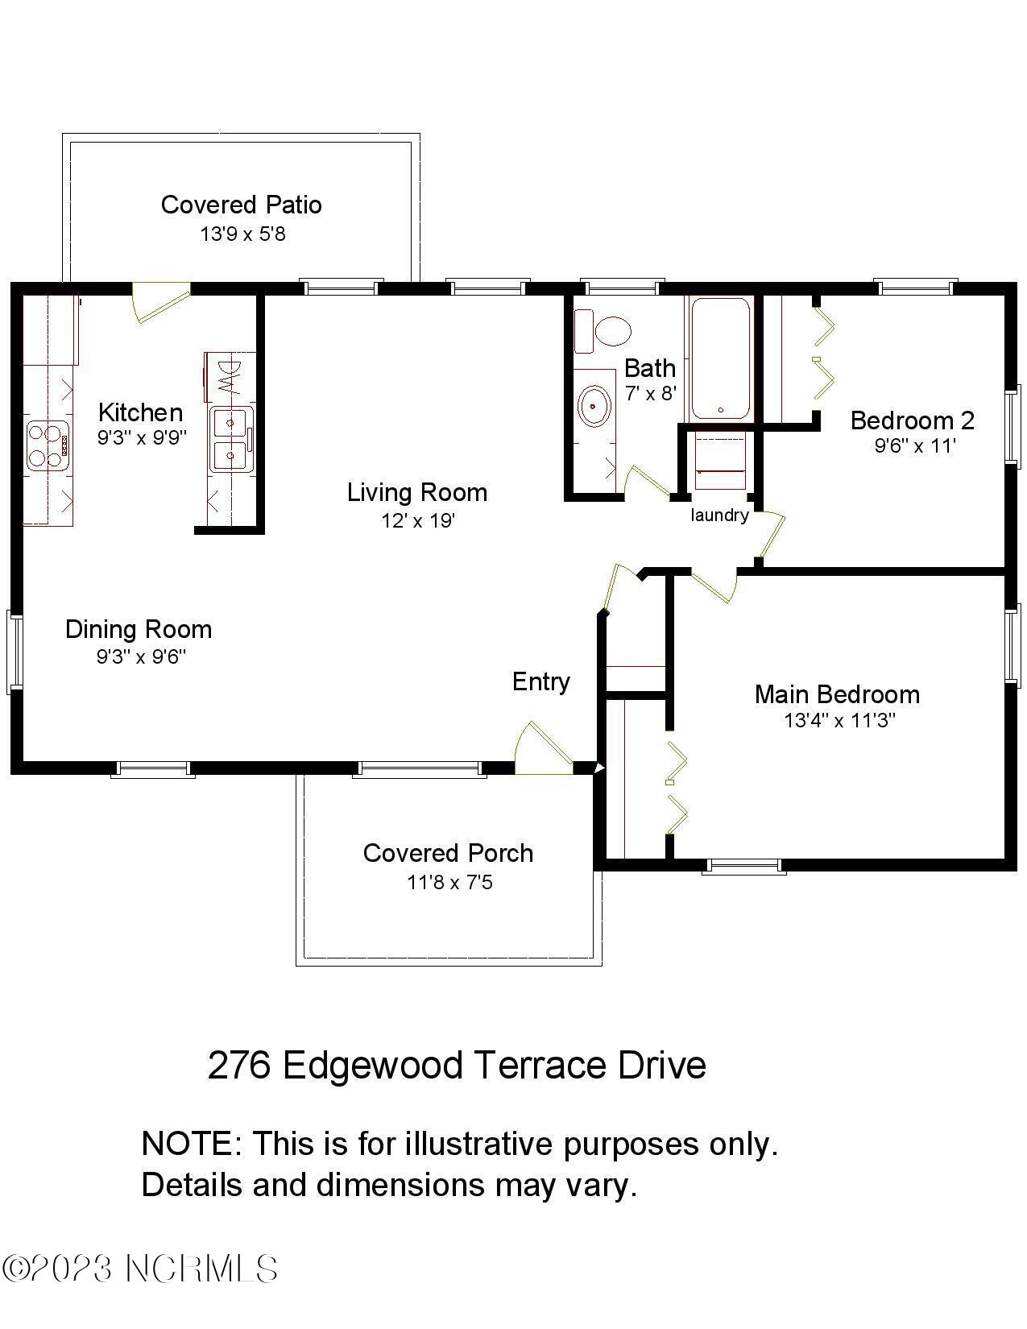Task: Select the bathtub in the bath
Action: click(x=719, y=358)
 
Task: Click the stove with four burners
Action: click(x=45, y=445)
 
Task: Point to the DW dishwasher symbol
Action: click(x=229, y=377)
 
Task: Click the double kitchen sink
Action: click(x=231, y=440)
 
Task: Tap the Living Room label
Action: click(x=416, y=492)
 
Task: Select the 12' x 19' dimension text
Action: click(x=418, y=520)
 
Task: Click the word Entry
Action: click(x=540, y=681)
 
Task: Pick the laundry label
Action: click(x=719, y=515)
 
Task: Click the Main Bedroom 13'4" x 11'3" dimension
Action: click(x=839, y=720)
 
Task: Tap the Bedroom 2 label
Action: click(x=912, y=420)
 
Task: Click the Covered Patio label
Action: click(x=241, y=205)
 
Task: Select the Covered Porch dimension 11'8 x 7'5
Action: click(x=449, y=883)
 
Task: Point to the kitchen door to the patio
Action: click(x=159, y=300)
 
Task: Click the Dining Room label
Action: click(x=139, y=629)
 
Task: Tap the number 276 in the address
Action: click(x=239, y=1065)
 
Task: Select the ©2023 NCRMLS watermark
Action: click(x=141, y=1269)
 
